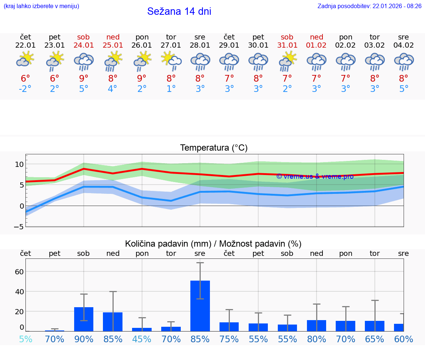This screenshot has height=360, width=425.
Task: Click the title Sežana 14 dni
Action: click(179, 11)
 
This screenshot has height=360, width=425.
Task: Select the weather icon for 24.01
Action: click(84, 62)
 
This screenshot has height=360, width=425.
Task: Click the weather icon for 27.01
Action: click(171, 61)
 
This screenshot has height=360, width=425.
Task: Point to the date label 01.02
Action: click(317, 45)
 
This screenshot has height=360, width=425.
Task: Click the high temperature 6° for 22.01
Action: click(25, 78)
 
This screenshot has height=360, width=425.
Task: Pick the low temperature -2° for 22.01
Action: click(25, 89)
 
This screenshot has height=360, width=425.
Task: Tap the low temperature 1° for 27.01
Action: click(171, 89)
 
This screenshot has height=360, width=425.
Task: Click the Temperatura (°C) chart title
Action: click(214, 148)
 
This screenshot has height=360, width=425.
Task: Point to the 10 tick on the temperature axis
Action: click(20, 164)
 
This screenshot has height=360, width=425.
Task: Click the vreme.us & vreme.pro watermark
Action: click(315, 176)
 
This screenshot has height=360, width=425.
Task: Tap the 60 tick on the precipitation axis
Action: click(20, 272)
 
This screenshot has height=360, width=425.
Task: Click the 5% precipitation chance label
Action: click(25, 339)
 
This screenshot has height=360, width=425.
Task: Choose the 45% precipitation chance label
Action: click(142, 339)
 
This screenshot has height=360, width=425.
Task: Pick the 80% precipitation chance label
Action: click(317, 339)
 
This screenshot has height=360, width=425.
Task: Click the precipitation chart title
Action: click(213, 244)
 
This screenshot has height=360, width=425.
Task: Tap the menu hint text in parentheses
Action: click(41, 6)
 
